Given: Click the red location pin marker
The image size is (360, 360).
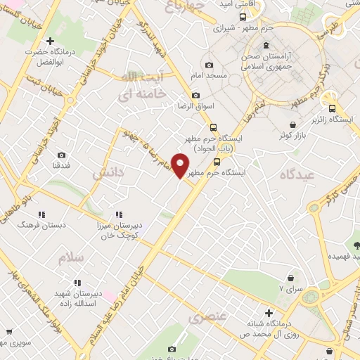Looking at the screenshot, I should (181, 165).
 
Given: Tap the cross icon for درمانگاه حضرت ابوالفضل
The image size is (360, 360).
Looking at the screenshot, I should (49, 41).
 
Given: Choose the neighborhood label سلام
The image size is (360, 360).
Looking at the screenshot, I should (71, 257).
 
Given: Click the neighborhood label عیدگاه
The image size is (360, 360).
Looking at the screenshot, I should (299, 174).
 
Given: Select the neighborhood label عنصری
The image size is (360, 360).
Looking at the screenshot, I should (207, 317).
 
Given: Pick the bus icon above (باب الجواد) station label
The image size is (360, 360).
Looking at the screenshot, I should (214, 127).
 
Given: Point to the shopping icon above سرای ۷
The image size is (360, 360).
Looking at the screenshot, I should (291, 278).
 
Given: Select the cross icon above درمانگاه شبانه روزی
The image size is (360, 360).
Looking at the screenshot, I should (269, 311).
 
